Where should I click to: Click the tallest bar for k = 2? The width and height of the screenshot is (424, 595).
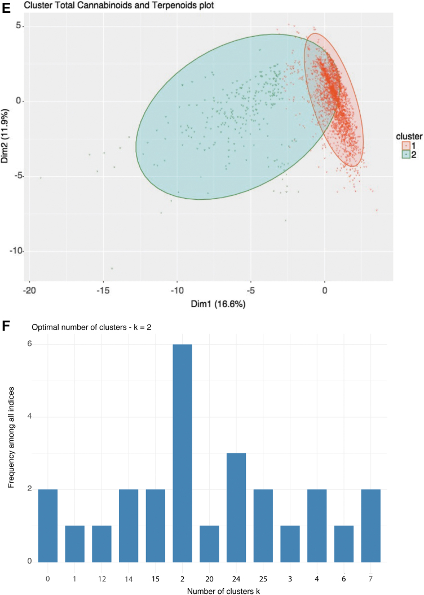(182, 453)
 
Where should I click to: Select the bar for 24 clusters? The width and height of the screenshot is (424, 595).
(236, 508)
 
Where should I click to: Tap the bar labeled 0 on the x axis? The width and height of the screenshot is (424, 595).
(48, 526)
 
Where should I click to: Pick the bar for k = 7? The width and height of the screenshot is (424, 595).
(370, 526)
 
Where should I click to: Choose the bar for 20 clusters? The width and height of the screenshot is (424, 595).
(209, 544)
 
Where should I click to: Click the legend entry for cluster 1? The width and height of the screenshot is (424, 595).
(409, 146)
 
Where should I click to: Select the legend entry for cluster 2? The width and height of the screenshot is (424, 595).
(409, 155)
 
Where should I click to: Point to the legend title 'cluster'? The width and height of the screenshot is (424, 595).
(409, 136)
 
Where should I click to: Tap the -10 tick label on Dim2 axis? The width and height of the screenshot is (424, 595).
(16, 251)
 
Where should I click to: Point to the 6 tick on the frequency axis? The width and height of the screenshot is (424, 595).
(29, 344)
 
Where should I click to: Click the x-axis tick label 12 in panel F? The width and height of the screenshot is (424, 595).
(101, 579)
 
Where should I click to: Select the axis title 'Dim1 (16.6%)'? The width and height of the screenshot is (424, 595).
(218, 304)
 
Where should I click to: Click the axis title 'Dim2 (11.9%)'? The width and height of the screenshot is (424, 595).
(5, 136)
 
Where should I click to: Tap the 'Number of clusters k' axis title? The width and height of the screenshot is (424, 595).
(223, 591)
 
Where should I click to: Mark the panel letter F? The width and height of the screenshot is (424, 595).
(6, 326)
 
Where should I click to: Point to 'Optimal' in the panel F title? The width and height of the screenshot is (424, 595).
(43, 327)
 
